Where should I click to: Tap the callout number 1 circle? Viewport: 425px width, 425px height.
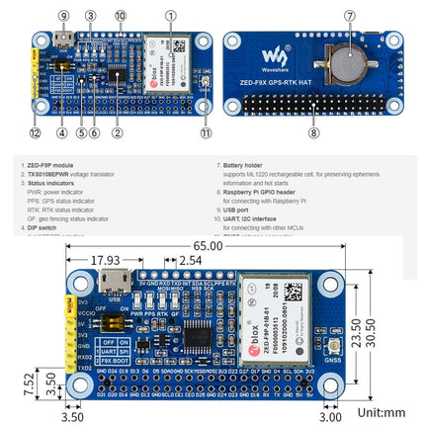click(171, 16)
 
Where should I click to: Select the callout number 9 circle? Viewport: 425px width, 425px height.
click(65, 16)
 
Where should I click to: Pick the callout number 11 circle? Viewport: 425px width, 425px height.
click(204, 132)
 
